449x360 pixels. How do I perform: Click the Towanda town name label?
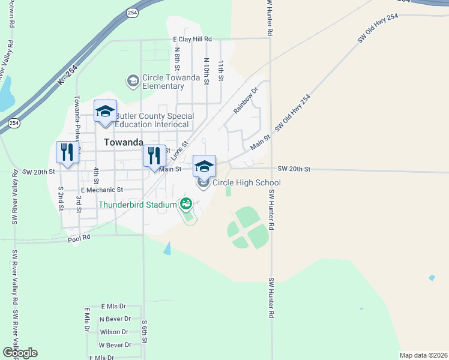(x=124, y=143)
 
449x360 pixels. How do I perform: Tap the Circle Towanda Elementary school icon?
(x=132, y=80)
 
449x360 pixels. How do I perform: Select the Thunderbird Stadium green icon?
(x=185, y=204)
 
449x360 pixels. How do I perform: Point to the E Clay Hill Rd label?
(x=192, y=39)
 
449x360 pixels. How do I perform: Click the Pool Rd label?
(x=79, y=238)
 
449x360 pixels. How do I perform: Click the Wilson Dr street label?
(x=114, y=332)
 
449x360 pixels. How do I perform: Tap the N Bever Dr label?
(x=115, y=319)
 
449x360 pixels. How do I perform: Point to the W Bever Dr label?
(x=115, y=345)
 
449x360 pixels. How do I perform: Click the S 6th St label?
(x=145, y=332)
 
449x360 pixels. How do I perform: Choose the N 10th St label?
(x=206, y=70)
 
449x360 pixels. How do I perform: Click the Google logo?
(x=20, y=353)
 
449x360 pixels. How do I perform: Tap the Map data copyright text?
(x=423, y=355)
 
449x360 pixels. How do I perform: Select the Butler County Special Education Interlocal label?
(x=154, y=120)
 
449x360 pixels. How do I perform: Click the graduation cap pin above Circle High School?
(x=204, y=166)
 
